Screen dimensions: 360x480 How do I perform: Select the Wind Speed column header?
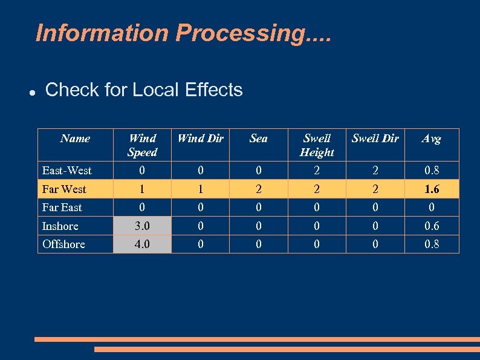coord(143,145)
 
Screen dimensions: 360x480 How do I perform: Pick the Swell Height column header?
coord(317,145)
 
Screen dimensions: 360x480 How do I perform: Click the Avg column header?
coord(431,139)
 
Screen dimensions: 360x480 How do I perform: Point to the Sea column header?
coord(258,139)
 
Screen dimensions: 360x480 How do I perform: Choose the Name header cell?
coord(75,139)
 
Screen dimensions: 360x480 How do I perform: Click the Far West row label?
coord(64,189)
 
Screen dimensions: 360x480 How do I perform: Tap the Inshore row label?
coord(60,226)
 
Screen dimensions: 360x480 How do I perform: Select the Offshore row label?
coord(63,244)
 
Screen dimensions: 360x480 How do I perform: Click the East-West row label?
coord(66,171)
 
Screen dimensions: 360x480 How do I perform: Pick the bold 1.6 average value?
coord(432,189)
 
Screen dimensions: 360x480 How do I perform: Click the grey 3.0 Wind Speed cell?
coord(143,226)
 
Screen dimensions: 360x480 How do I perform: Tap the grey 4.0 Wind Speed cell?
coord(143,244)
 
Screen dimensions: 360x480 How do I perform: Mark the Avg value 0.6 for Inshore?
coord(432,226)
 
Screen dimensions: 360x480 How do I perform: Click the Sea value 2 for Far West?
coord(258,189)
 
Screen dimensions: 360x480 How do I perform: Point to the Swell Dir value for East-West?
coord(375,171)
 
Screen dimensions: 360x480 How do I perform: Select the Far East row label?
coord(62,208)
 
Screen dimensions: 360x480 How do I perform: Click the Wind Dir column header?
coord(200,139)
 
